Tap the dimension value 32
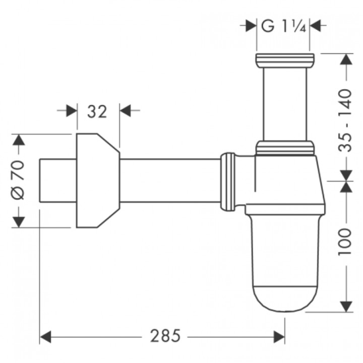[x=97, y=111]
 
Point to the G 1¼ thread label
[x=284, y=25]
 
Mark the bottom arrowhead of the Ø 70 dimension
[x=18, y=221]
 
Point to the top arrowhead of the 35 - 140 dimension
[x=345, y=59]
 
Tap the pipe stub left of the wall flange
[x=57, y=180]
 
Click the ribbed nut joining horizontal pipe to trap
[x=227, y=180]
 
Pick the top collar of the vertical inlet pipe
[x=284, y=59]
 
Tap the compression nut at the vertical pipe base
[x=284, y=147]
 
